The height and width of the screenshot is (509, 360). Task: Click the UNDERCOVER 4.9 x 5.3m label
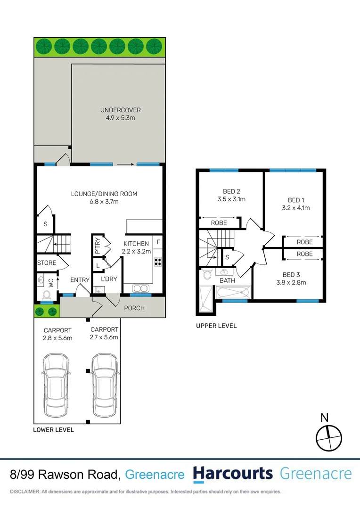coord(120,114)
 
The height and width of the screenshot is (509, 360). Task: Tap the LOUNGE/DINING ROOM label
coord(104,197)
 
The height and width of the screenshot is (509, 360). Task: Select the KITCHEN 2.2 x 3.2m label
coord(137,247)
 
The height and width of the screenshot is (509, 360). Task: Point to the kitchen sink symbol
coord(141,288)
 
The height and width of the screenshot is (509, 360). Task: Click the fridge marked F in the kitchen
coord(158,242)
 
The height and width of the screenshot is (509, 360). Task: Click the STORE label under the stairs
coord(47,263)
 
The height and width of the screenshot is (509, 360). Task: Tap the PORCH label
coord(135,308)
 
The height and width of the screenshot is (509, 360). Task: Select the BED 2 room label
coord(231,195)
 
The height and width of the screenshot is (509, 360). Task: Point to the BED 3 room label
coord(295,279)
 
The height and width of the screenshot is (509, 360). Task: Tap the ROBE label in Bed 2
coord(219,223)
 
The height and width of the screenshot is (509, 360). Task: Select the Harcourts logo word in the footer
coord(233,474)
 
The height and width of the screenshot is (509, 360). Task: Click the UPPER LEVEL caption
coord(216,326)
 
